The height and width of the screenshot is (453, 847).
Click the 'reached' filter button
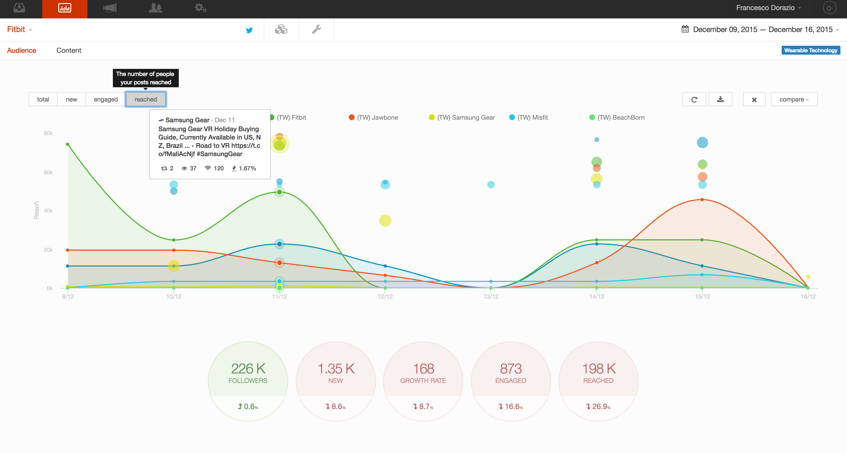click(x=146, y=99)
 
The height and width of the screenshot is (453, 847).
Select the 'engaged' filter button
click(x=105, y=99)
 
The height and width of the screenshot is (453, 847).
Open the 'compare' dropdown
click(x=794, y=99)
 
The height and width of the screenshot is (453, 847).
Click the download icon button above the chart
click(x=720, y=99)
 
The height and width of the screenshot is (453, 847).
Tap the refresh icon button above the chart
click(x=694, y=99)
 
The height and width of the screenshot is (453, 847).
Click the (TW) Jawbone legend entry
click(x=374, y=117)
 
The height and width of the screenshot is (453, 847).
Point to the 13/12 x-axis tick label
click(x=491, y=297)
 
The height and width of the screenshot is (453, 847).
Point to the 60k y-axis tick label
click(x=48, y=172)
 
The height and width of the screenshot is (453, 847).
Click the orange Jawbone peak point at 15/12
click(x=702, y=199)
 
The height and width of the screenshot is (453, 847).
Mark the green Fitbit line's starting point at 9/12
click(x=68, y=144)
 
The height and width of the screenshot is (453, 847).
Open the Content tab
click(x=69, y=50)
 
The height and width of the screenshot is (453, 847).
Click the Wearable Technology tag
click(x=810, y=50)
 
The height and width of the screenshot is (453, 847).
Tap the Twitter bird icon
click(x=249, y=30)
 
